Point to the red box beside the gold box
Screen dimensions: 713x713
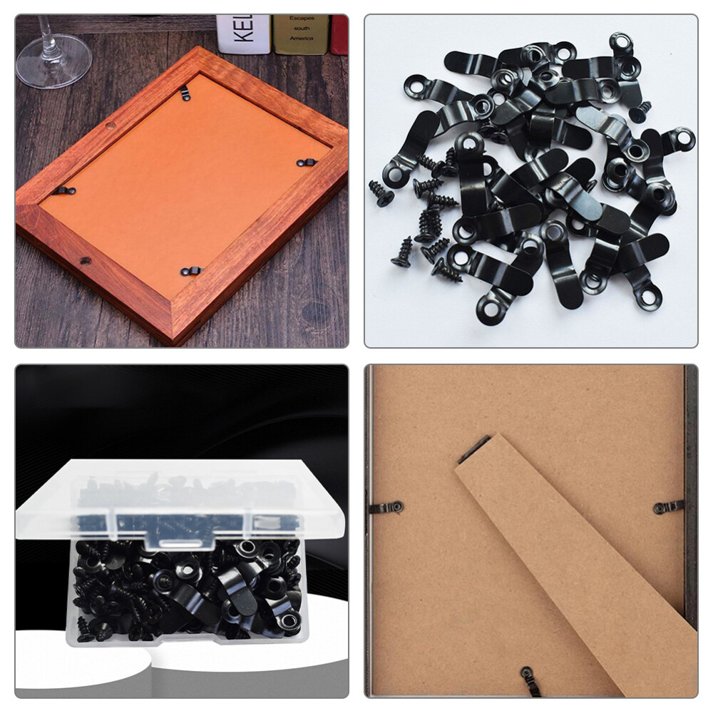339,33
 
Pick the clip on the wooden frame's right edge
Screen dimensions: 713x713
305,163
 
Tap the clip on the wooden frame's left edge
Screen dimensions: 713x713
66,190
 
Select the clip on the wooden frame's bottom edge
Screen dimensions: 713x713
190,271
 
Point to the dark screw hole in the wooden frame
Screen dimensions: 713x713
85,261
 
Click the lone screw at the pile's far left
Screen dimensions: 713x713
381,193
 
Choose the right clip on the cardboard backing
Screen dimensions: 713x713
669,507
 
